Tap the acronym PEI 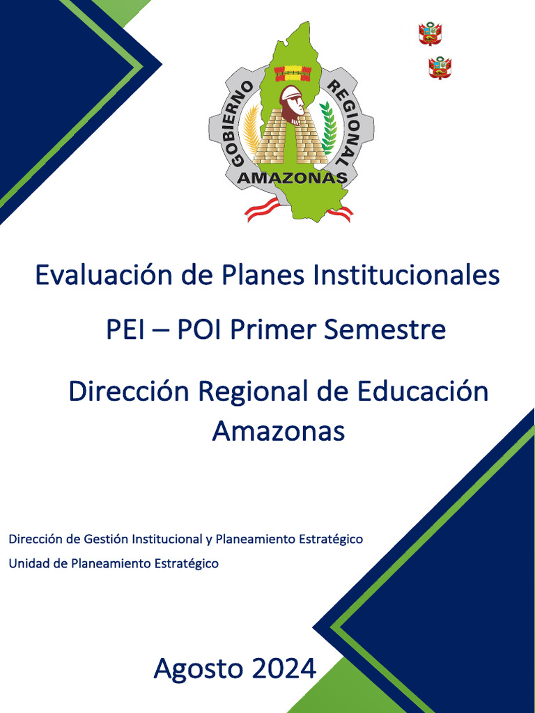(x=125, y=329)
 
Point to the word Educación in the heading (x=423, y=391)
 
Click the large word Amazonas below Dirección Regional (x=279, y=432)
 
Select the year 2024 (x=284, y=670)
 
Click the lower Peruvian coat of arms (x=440, y=68)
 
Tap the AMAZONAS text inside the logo (x=293, y=178)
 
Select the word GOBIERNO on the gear (x=240, y=123)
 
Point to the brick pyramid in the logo (x=290, y=142)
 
